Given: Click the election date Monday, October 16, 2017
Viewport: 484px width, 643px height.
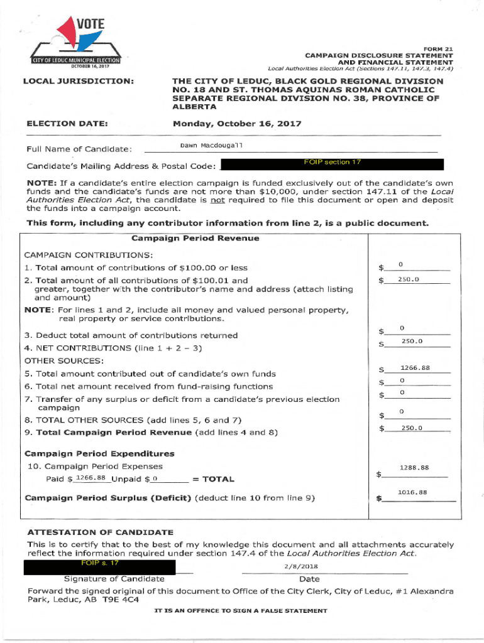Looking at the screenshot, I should pyautogui.click(x=237, y=124).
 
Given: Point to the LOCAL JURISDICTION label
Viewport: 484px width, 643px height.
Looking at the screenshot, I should pyautogui.click(x=78, y=82).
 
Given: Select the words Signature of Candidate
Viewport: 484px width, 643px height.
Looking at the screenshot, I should pyautogui.click(x=114, y=579).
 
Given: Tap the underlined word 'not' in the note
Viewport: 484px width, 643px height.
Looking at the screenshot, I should pyautogui.click(x=217, y=199).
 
